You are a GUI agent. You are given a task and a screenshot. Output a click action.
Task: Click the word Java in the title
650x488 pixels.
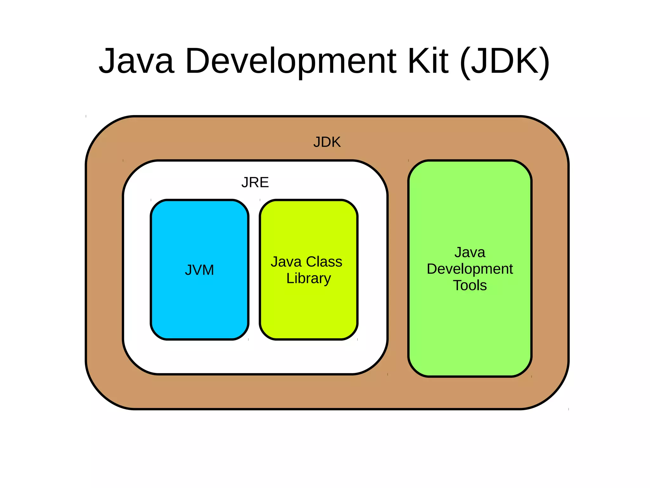(x=136, y=61)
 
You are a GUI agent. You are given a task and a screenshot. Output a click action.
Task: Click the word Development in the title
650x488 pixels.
(x=291, y=61)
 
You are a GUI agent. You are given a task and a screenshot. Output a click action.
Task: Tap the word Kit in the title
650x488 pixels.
(x=428, y=61)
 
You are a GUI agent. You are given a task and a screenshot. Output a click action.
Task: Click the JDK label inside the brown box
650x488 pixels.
(x=327, y=142)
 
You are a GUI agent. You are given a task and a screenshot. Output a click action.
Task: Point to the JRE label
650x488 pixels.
(x=255, y=182)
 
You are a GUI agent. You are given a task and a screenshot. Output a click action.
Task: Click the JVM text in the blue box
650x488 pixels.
(x=199, y=270)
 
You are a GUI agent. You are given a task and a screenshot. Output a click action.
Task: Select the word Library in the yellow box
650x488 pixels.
(x=308, y=278)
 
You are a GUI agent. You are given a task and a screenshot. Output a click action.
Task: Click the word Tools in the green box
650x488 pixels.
(x=470, y=285)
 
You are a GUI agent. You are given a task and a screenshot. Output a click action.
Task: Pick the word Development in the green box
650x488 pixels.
(x=470, y=269)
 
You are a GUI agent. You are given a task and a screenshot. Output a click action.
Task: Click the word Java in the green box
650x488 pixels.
(x=470, y=252)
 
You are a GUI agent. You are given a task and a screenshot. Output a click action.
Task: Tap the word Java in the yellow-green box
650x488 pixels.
(x=286, y=262)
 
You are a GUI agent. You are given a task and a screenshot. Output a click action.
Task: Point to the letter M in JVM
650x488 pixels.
(x=208, y=270)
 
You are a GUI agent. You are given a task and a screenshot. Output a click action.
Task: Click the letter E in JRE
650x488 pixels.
(x=264, y=182)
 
